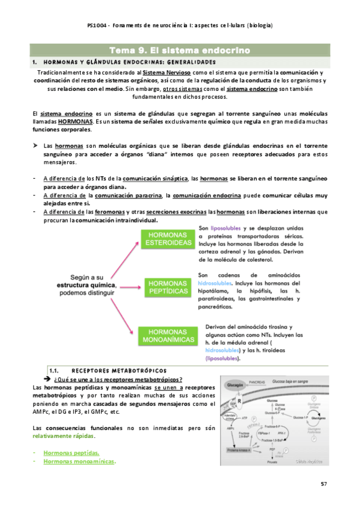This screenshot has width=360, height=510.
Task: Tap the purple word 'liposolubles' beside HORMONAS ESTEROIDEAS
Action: (x=225, y=229)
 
